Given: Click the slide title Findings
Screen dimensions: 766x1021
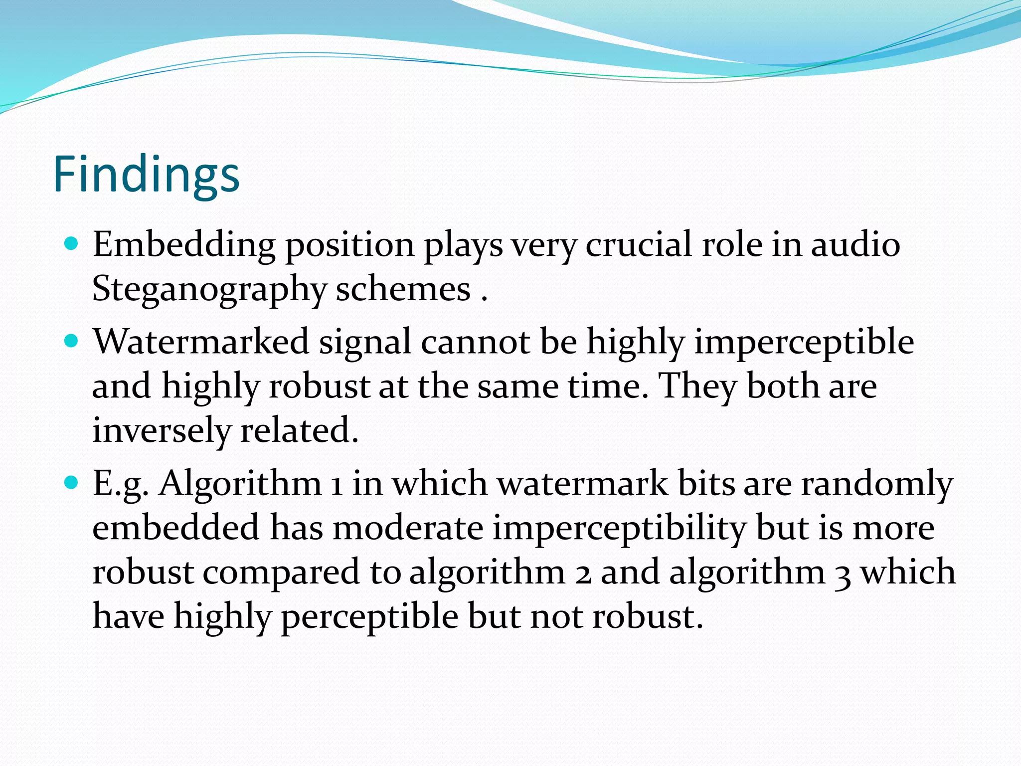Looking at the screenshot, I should point(146,174).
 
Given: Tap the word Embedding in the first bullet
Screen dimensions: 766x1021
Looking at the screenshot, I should point(183,245).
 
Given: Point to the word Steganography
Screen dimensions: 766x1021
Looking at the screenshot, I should point(209,289).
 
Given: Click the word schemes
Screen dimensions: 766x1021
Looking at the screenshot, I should point(403,289).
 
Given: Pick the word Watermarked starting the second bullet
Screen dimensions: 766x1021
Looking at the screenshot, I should point(201,342).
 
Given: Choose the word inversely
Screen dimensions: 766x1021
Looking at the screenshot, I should point(161,430).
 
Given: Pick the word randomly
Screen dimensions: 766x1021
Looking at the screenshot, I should point(877,484).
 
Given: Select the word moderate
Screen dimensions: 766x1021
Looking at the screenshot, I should point(408,528).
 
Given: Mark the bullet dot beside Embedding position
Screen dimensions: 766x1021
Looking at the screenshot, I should point(72,244).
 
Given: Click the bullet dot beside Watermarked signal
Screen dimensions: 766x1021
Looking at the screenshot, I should point(72,341).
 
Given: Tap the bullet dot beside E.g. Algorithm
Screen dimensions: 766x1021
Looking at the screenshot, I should point(72,482).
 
